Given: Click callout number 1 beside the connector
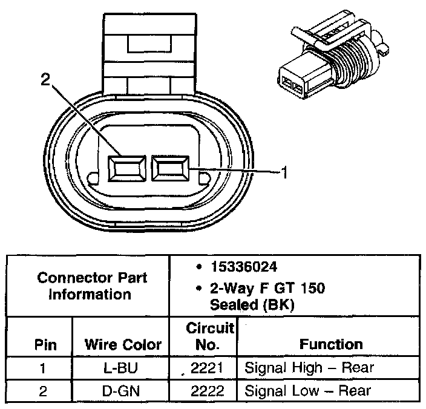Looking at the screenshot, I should [x=283, y=173].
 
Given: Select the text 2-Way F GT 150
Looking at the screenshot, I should [x=267, y=288].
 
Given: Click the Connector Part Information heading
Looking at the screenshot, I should [x=92, y=286].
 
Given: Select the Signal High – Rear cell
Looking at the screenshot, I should [x=309, y=367].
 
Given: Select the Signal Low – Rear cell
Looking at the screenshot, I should [x=307, y=390].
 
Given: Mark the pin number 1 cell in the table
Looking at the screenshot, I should [x=43, y=367].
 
